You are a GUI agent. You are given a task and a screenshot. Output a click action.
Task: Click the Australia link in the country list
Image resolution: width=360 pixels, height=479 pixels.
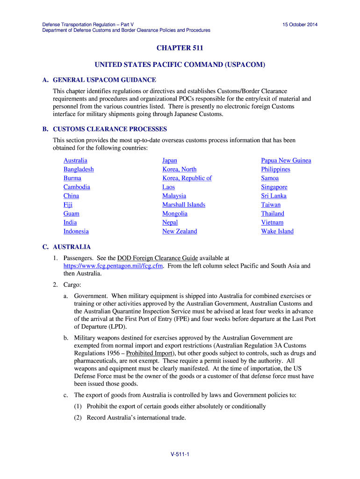75,160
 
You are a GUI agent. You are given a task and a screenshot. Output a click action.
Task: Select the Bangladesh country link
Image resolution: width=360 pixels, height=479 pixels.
79,169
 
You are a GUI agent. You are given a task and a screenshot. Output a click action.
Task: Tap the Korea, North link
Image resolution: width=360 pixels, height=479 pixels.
180,169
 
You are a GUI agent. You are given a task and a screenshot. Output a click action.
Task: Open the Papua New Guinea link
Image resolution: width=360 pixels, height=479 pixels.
286,160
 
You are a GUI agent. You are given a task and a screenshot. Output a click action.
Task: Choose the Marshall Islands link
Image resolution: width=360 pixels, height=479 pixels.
184,205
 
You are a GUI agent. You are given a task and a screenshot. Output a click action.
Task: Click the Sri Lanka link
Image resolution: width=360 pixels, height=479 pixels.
274,196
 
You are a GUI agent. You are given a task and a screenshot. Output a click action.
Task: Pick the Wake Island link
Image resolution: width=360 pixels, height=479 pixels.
277,232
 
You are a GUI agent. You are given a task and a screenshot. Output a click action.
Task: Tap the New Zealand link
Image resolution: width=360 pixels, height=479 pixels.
180,232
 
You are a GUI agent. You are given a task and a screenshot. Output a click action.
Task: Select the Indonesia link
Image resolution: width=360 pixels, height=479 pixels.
76,232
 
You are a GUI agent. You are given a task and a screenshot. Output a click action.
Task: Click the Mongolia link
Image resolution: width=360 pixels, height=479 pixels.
175,214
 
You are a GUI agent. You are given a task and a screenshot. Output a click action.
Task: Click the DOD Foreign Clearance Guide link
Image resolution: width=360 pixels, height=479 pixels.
158,258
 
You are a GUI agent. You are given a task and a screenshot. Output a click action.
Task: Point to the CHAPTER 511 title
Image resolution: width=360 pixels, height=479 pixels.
180,48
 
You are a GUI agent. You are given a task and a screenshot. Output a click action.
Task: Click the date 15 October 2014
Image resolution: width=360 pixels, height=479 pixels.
300,24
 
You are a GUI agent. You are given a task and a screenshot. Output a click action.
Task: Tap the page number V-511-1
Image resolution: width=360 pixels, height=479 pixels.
180,455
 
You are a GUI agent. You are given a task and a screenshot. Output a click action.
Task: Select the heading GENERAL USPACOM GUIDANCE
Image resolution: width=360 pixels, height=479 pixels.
104,80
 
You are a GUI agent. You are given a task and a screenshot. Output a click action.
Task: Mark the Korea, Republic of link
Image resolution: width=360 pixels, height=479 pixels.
187,178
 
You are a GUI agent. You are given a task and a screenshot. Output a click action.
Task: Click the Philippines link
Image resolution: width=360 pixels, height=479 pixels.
276,169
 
